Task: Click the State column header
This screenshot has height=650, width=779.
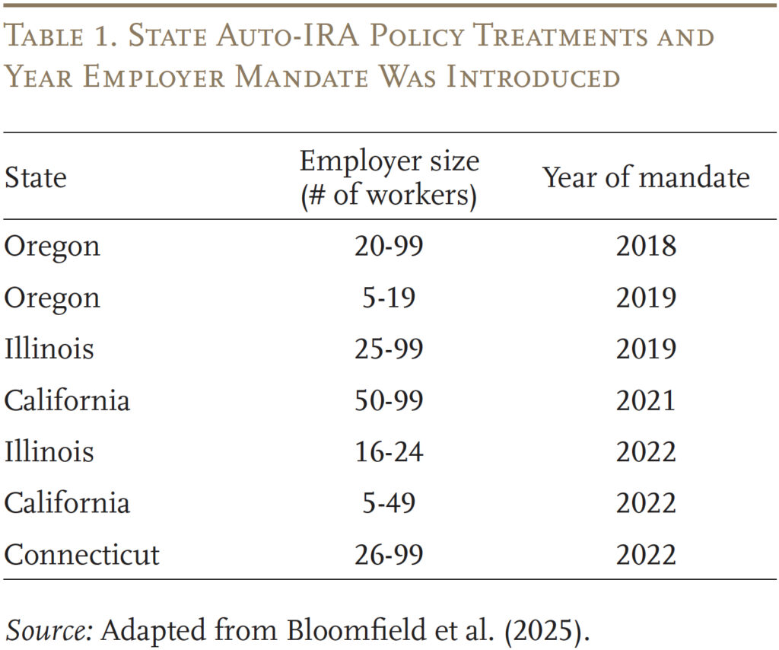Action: pos(35,177)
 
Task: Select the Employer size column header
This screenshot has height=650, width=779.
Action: pos(389,177)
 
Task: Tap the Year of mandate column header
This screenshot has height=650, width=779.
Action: pos(645,177)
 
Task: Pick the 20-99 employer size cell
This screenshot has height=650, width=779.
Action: pos(389,247)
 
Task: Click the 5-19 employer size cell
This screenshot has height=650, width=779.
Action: pos(389,298)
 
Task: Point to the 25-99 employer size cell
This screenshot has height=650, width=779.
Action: pos(389,349)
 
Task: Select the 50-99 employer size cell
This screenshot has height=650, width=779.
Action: pos(389,400)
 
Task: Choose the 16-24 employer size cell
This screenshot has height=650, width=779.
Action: pos(389,451)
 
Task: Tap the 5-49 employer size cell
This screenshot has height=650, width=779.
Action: pos(389,503)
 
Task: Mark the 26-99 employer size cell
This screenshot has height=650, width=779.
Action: pos(389,554)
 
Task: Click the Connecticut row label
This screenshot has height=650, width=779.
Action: pos(81,554)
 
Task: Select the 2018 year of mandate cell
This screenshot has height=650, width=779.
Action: pos(645,247)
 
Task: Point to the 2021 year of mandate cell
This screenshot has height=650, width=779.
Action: pos(645,400)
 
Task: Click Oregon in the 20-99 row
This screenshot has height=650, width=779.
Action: pos(52,247)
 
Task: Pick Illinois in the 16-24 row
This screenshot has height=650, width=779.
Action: pos(49,451)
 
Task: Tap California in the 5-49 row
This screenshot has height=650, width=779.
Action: pos(67,503)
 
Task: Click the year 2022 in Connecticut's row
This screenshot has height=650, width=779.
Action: pos(645,554)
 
